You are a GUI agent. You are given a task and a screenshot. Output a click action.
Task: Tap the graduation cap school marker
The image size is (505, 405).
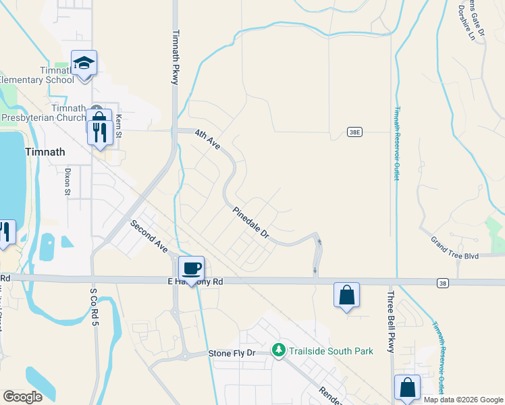[x=84, y=63]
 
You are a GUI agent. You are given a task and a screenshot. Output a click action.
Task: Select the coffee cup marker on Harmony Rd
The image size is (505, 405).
[x=191, y=269]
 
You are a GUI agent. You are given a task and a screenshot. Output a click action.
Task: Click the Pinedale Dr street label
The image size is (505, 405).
[x=251, y=224]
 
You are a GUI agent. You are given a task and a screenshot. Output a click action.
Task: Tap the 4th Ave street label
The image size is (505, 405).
[x=207, y=140]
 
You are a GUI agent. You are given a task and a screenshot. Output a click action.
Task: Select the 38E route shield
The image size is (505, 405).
[x=355, y=132]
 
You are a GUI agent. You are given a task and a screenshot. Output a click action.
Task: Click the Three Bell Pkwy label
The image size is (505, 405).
[x=391, y=322]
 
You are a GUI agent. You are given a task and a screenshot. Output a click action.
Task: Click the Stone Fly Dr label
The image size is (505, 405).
[x=232, y=354]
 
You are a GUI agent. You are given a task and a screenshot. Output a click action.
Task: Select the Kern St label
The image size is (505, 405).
[x=118, y=123]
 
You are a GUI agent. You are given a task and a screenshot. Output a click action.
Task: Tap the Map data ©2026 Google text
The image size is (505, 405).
[x=463, y=400]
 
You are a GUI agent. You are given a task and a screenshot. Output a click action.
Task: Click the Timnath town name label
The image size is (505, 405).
[x=45, y=152]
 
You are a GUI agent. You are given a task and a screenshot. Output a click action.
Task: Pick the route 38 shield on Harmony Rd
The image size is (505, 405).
[x=442, y=282]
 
